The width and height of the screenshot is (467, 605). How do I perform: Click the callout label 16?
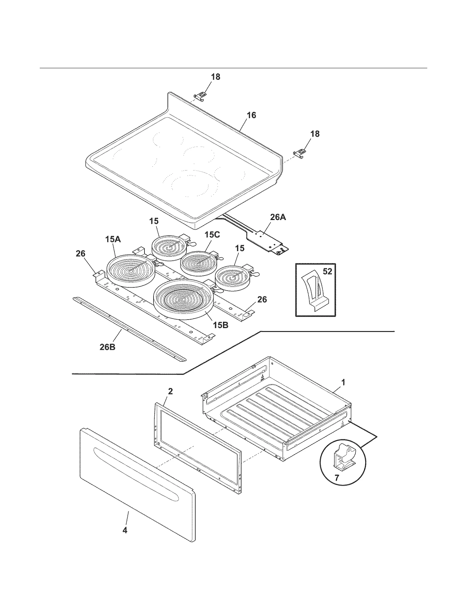[x=251, y=115]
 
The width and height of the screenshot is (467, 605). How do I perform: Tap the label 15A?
[x=113, y=240]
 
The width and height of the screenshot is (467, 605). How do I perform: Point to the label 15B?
[x=220, y=325]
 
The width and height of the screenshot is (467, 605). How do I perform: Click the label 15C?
[x=212, y=235]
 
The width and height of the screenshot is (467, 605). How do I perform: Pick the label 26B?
[x=107, y=347]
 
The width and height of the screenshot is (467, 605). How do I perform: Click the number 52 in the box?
[x=327, y=271]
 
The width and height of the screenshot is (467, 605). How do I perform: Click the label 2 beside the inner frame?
[x=170, y=391]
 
